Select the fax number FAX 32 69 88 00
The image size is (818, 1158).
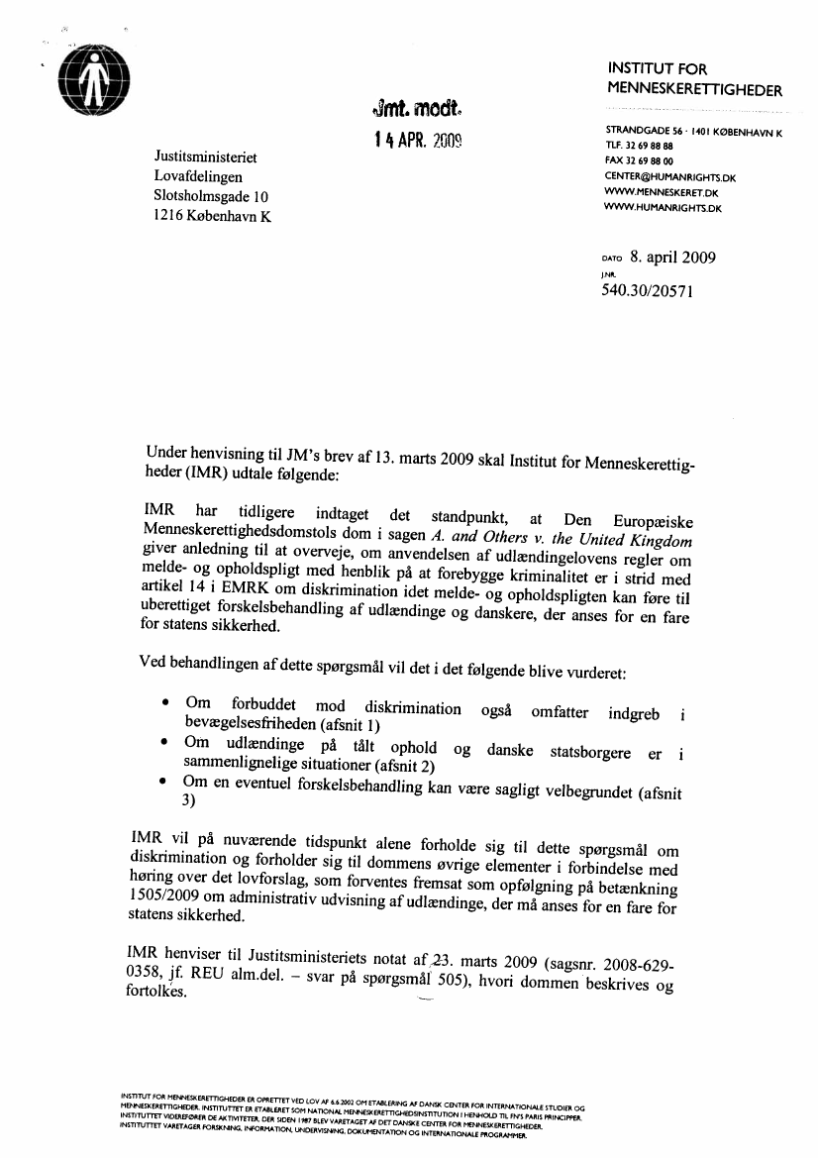(x=640, y=160)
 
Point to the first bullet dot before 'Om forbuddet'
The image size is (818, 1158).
(x=164, y=704)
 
